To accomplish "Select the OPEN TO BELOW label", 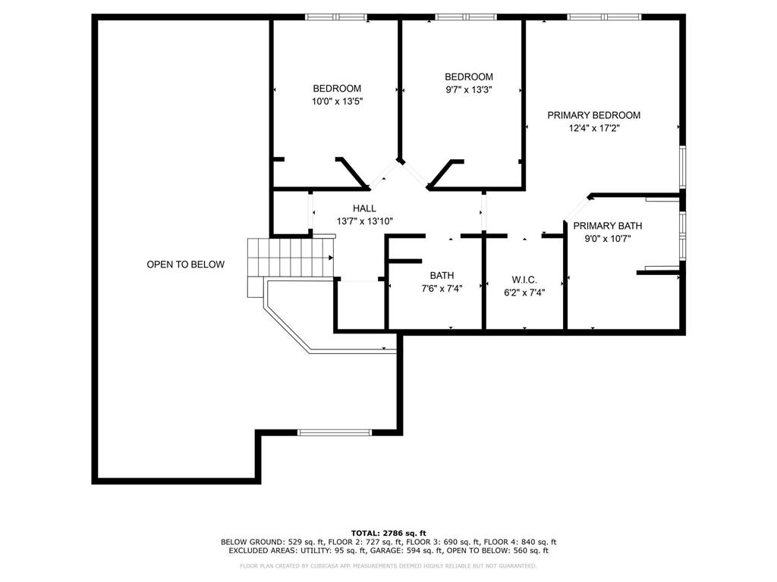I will pos(185,264).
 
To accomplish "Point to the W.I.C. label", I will pos(524,280).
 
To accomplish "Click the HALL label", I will pos(364,208).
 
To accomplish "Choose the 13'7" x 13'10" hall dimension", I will pos(364,221).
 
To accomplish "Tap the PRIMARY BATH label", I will pos(607,226).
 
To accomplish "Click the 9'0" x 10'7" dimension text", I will pos(607,239).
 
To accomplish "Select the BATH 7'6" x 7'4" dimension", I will pos(442,288).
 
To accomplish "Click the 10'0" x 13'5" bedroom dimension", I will pos(337,101).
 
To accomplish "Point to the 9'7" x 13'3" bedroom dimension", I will pos(468,89).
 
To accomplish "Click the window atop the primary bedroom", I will pos(604,17).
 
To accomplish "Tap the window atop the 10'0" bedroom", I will pos(336,17).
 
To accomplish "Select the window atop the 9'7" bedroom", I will pos(466,17).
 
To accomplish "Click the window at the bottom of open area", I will pos(334,432).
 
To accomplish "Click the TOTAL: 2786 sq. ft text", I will pos(388,533).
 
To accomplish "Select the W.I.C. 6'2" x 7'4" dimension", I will pos(524,292).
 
